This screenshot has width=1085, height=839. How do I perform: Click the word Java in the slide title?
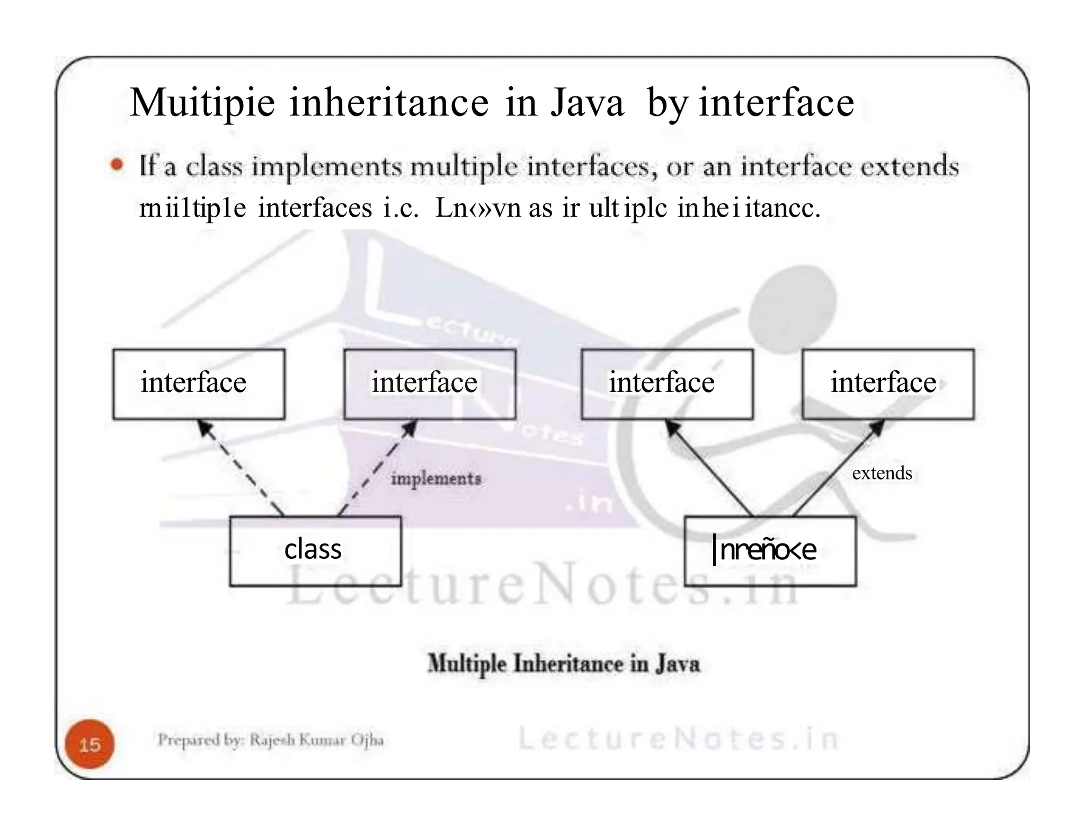click(x=587, y=103)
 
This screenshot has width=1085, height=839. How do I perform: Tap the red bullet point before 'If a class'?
click(x=117, y=165)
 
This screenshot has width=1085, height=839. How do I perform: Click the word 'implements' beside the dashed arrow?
click(x=436, y=479)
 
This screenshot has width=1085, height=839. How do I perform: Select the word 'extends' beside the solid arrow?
click(x=882, y=473)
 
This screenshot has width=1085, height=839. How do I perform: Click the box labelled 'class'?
click(x=315, y=551)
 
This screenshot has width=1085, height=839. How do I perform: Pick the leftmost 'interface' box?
click(x=199, y=384)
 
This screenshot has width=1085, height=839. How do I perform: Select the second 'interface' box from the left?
click(x=430, y=384)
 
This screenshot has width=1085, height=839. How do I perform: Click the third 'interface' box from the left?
click(x=667, y=384)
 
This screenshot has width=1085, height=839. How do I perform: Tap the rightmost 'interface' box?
click(x=888, y=384)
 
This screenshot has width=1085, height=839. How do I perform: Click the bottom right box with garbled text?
click(x=770, y=551)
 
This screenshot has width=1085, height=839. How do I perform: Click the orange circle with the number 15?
click(x=90, y=744)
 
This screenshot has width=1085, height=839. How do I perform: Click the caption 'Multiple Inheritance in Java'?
click(x=563, y=664)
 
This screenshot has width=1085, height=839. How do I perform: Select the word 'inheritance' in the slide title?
click(x=389, y=103)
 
